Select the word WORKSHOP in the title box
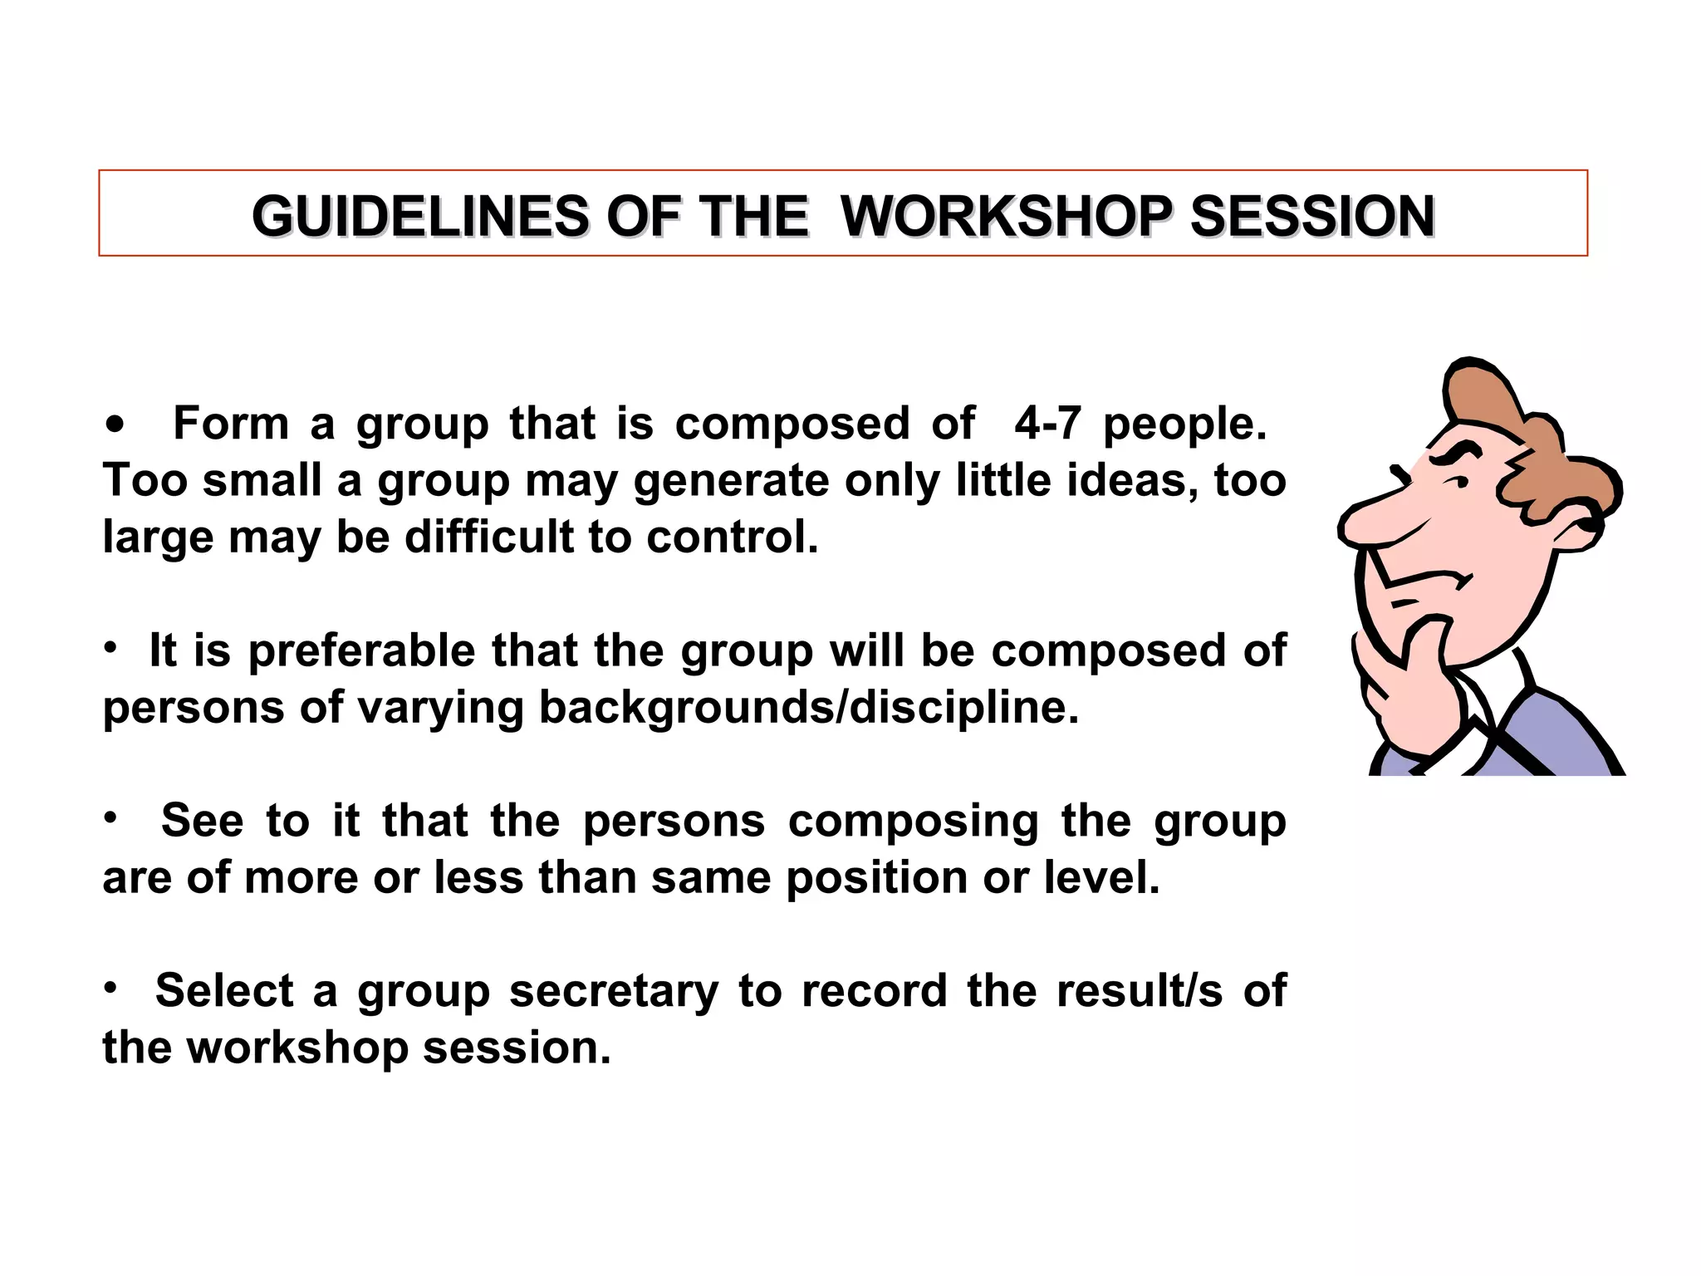coord(1006,217)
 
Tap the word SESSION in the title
coord(1312,217)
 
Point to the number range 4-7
coord(1047,424)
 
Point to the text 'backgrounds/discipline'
coord(808,708)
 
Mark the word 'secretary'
coord(614,992)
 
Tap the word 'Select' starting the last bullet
coord(224,990)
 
